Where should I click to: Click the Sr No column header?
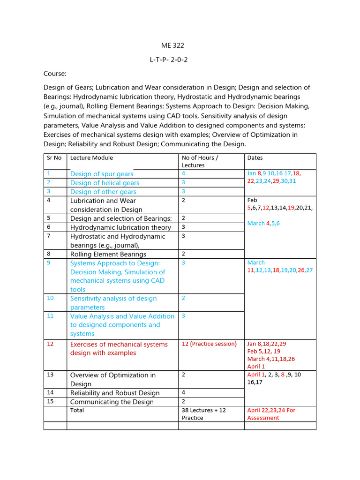point(54,158)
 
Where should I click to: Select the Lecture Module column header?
point(91,158)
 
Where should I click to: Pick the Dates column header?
point(255,158)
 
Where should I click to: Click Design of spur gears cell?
point(102,174)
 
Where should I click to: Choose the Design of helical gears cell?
point(105,183)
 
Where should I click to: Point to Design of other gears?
point(103,192)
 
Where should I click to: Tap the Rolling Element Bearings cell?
point(108,254)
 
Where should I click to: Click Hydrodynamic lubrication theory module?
point(120,227)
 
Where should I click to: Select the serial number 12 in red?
point(50,344)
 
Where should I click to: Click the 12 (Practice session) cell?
point(209,344)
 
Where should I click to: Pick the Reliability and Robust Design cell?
point(115,393)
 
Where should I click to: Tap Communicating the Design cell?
point(112,402)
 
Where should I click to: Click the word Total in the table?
point(77,410)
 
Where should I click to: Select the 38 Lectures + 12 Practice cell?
point(204,414)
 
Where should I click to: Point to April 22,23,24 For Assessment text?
point(271,414)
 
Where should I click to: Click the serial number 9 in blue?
point(49,263)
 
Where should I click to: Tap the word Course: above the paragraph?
point(55,74)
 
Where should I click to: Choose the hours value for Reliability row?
point(184,393)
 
